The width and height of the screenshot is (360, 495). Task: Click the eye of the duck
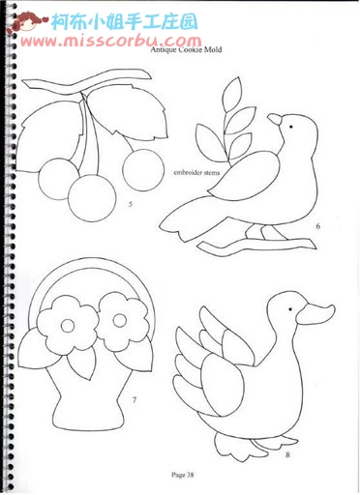click(290, 309)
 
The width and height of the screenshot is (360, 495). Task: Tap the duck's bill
click(315, 314)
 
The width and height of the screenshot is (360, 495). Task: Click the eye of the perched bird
click(290, 127)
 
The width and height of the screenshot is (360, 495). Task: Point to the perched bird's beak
click(275, 119)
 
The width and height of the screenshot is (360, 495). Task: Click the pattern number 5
click(130, 204)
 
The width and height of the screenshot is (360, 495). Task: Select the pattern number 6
click(317, 226)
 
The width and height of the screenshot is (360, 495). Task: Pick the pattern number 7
click(135, 400)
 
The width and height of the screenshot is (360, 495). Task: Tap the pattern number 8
click(287, 455)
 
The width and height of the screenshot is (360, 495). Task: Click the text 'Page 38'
click(183, 475)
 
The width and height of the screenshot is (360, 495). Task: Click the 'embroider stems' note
click(196, 172)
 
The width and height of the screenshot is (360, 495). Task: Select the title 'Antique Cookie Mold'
click(186, 49)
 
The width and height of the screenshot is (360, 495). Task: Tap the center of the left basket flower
click(68, 326)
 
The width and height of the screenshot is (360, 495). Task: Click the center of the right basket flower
click(120, 320)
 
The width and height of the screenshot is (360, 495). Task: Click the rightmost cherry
click(143, 170)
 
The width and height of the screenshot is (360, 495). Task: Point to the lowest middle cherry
click(92, 198)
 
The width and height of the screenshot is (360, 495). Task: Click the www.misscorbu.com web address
click(111, 42)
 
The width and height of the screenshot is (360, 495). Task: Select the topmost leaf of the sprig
click(232, 91)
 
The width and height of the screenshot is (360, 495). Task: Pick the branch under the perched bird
click(257, 246)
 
